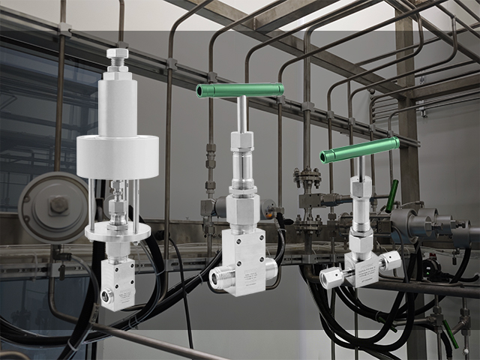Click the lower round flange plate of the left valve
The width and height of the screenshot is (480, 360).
click(117, 232)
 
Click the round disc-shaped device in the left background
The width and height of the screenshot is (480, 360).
click(54, 207)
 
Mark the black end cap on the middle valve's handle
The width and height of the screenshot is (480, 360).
click(200, 91)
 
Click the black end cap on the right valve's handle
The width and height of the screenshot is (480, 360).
click(324, 157)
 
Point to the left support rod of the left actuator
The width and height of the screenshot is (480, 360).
click(90, 202)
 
